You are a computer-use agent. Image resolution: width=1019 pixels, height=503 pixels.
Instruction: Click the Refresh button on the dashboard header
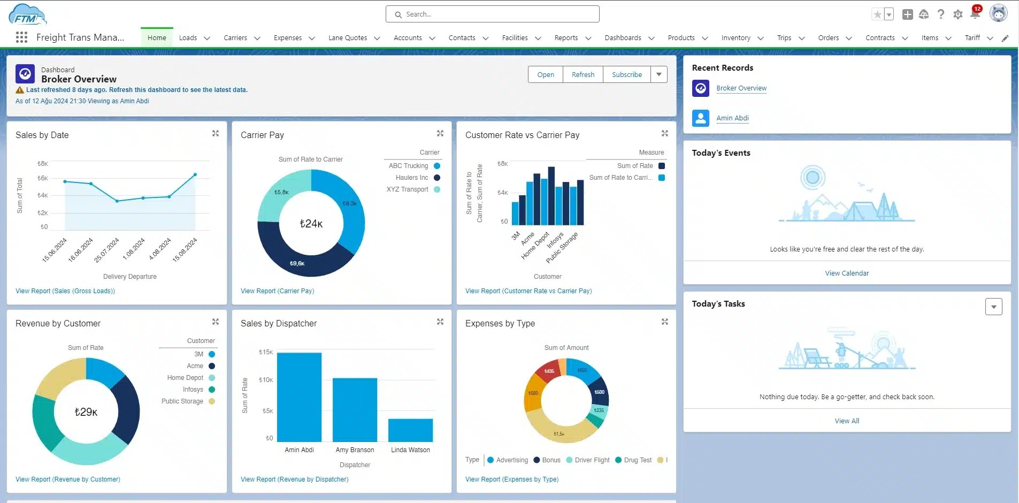[x=583, y=74]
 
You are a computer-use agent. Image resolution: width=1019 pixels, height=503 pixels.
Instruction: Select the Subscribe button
[x=626, y=74]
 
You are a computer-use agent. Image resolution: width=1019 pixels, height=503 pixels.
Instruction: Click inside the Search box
[x=492, y=14]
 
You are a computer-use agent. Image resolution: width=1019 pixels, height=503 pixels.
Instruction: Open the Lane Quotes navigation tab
[x=348, y=38]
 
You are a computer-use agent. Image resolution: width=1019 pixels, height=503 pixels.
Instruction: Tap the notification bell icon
[x=975, y=14]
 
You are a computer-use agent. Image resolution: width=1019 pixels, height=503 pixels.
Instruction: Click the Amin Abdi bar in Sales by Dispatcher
[x=299, y=397]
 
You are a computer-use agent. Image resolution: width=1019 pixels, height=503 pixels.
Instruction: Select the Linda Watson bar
[x=410, y=430]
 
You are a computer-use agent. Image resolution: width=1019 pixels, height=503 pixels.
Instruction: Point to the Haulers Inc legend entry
[x=412, y=178]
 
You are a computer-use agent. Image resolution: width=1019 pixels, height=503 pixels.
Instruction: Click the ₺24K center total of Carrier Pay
[x=311, y=224]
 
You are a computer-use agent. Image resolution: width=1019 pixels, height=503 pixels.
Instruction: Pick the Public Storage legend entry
[x=182, y=401]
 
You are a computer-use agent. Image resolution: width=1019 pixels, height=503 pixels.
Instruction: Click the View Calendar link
[x=847, y=273]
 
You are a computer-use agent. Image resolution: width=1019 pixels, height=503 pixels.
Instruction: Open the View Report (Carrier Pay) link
[x=277, y=291]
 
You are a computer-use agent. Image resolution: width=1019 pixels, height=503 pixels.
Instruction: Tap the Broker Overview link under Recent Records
[x=741, y=88]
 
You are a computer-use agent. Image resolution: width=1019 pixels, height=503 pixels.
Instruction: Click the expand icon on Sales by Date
[x=216, y=133]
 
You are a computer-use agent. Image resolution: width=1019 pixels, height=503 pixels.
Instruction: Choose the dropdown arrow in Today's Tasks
[x=993, y=307]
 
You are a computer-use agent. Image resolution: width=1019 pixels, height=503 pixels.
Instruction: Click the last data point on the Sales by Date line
[x=195, y=174]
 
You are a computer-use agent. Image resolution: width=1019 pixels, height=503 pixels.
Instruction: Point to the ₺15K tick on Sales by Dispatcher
[x=266, y=352]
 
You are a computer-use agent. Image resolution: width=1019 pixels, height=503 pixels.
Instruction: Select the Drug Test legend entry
[x=638, y=460]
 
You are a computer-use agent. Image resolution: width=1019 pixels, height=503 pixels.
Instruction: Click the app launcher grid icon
[x=21, y=37]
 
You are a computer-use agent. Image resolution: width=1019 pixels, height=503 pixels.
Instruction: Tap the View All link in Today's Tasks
[x=847, y=421]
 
